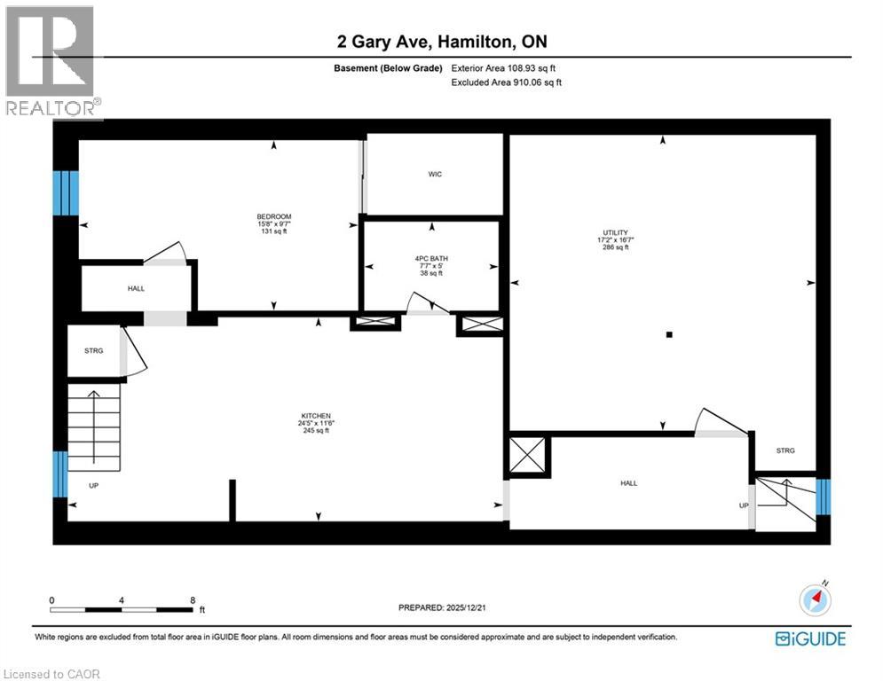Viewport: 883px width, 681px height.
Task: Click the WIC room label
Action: (x=434, y=174)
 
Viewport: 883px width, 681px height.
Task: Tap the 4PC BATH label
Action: (x=430, y=258)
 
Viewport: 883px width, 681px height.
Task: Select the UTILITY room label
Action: (x=613, y=233)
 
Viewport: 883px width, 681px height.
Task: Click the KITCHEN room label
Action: (x=315, y=416)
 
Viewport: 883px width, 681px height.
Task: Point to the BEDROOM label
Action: (x=273, y=217)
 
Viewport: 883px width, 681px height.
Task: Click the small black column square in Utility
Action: (x=670, y=334)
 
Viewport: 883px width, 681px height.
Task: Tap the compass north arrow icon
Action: (x=815, y=599)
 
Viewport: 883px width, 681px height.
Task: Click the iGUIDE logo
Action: (x=809, y=638)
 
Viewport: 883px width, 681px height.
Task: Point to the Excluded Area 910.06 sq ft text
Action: (x=506, y=82)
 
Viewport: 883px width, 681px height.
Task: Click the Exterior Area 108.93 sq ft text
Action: (x=503, y=67)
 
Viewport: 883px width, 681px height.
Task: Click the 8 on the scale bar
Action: (x=193, y=599)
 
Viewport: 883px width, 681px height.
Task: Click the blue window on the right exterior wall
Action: (x=823, y=497)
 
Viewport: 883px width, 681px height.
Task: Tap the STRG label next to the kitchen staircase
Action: (x=94, y=350)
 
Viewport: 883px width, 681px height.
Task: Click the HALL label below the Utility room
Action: (x=628, y=483)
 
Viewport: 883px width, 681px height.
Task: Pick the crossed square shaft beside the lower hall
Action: (x=529, y=457)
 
